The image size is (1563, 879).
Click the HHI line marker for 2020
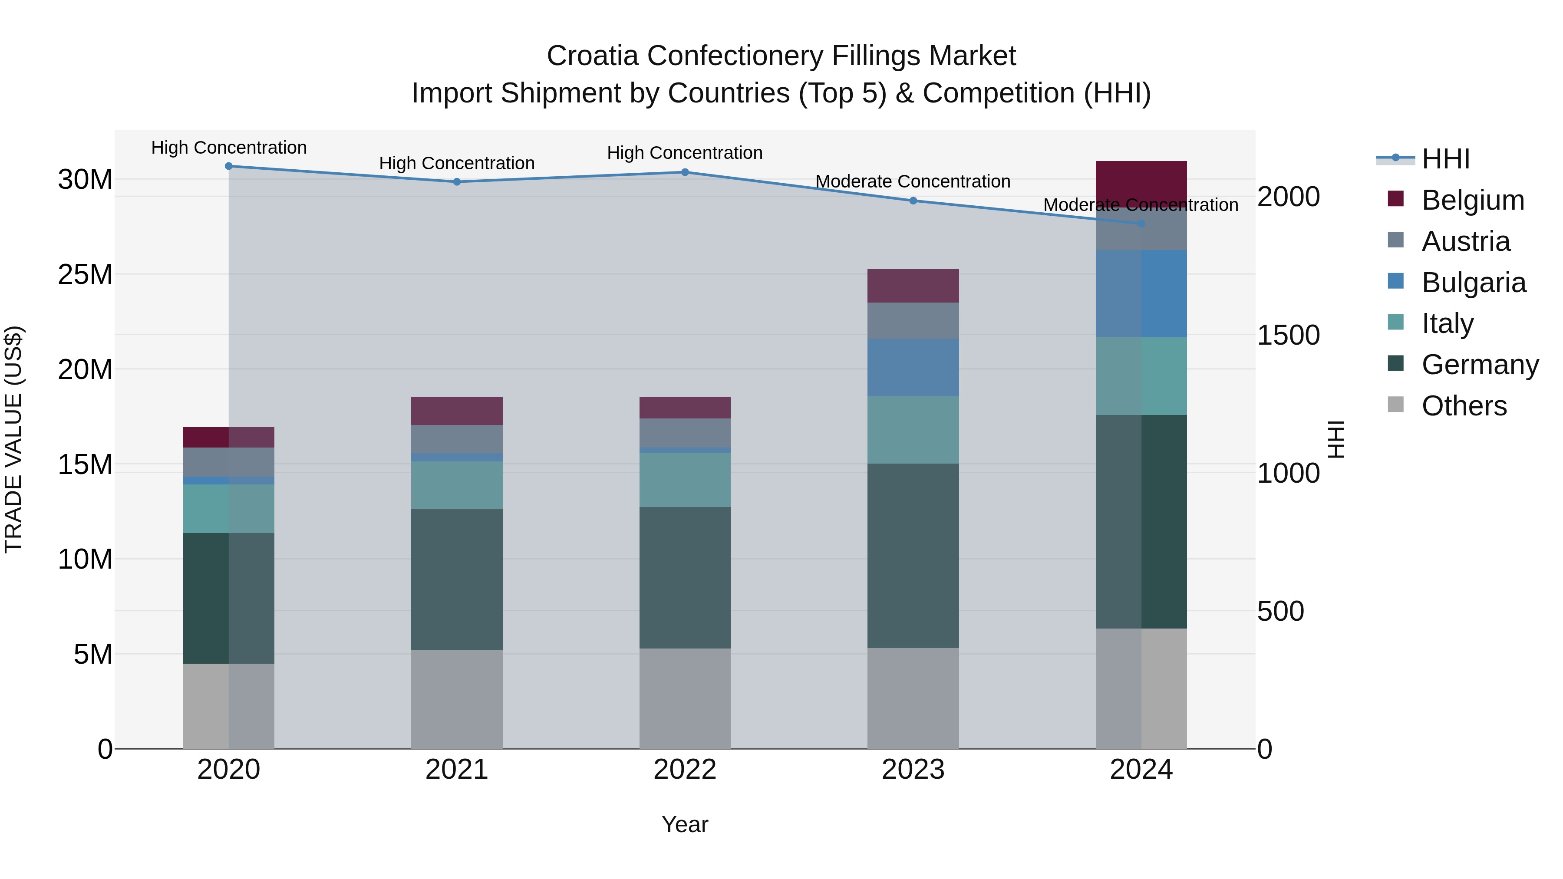pos(229,166)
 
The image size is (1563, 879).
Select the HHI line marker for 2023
pos(913,201)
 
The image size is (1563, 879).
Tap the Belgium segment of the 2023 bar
pos(913,286)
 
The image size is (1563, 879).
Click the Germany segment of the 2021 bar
pos(457,579)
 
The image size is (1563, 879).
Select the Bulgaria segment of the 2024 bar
pos(1141,293)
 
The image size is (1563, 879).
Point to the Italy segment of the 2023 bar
pos(913,430)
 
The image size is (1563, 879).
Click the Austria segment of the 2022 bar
pos(685,433)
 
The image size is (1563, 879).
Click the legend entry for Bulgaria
pos(1473,283)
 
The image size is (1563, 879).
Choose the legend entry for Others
pos(1464,406)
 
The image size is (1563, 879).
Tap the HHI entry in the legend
pos(1445,159)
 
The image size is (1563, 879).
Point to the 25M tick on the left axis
pos(85,275)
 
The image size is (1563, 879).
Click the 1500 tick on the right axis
pos(1288,336)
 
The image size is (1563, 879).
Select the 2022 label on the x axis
pos(685,770)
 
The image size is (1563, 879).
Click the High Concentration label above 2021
pos(457,163)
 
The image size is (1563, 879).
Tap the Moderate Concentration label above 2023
pos(913,181)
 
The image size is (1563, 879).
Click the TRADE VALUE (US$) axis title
pos(13,439)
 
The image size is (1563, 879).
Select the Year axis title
pos(685,824)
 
